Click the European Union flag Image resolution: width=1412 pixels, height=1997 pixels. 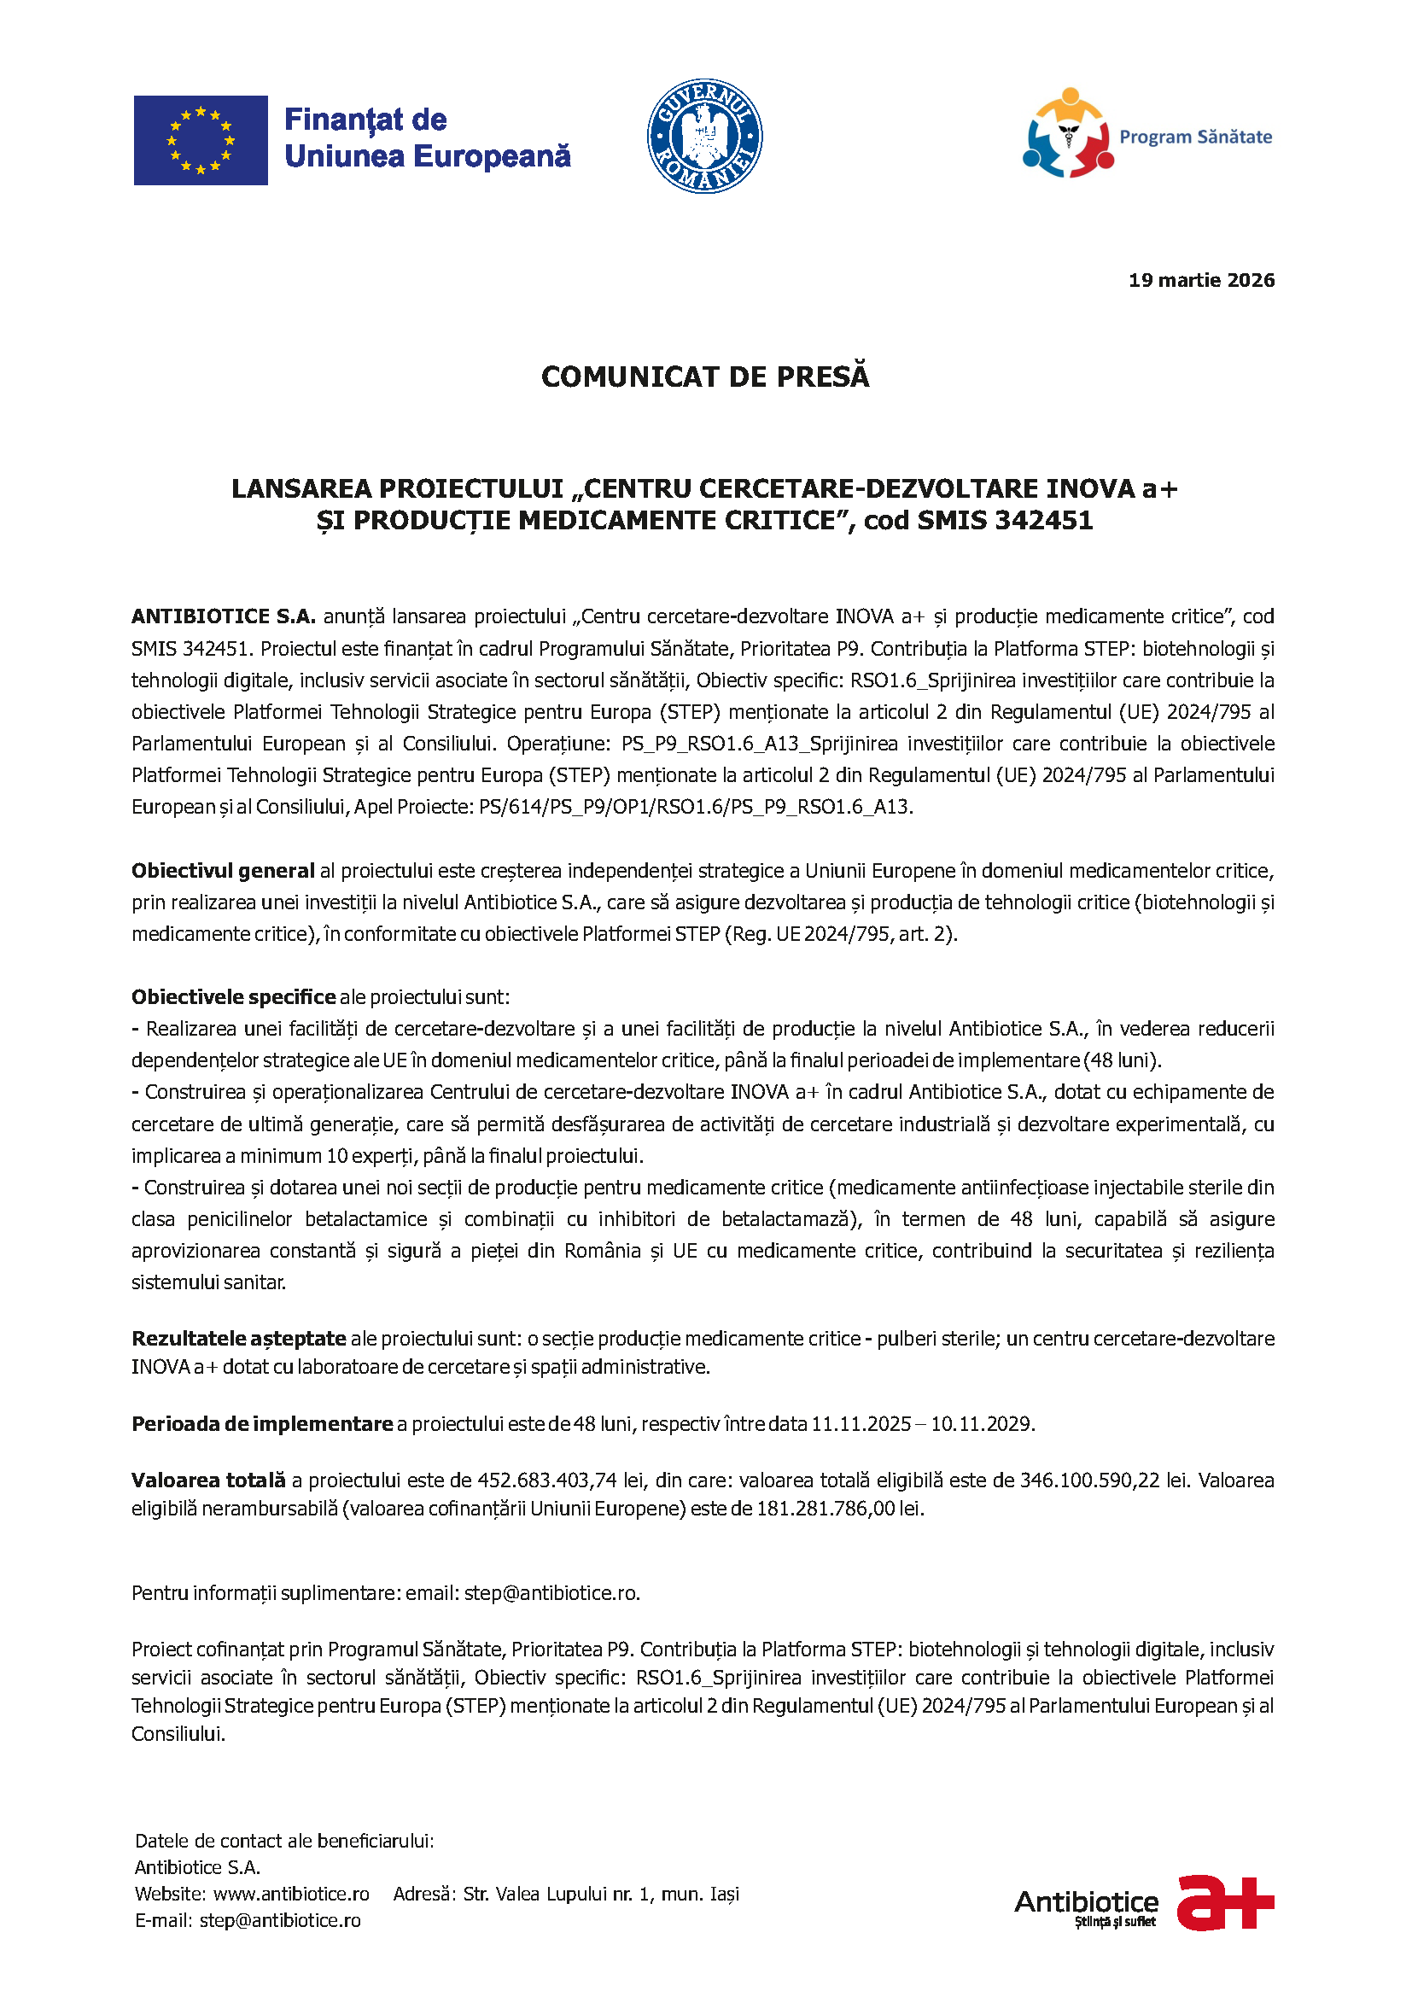pos(200,140)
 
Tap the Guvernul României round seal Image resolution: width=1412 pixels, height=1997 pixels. pos(704,136)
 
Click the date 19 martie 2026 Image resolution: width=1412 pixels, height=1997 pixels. pos(1201,280)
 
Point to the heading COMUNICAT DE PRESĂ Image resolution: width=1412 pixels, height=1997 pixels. pos(705,377)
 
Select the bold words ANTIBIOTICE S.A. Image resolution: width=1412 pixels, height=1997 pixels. pos(224,616)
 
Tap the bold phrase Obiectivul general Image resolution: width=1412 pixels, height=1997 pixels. pos(223,871)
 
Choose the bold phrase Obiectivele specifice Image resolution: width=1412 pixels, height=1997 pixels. pos(233,996)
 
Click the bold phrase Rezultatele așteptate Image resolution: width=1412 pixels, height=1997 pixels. pos(238,1338)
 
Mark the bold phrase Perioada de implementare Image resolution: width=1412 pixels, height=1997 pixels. pos(262,1424)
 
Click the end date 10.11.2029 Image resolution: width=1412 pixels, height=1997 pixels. pos(982,1424)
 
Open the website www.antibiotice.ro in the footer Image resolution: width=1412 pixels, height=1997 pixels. pos(291,1894)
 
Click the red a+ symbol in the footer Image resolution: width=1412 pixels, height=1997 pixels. pos(1225,1902)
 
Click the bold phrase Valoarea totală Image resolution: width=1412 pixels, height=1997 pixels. pos(208,1480)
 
